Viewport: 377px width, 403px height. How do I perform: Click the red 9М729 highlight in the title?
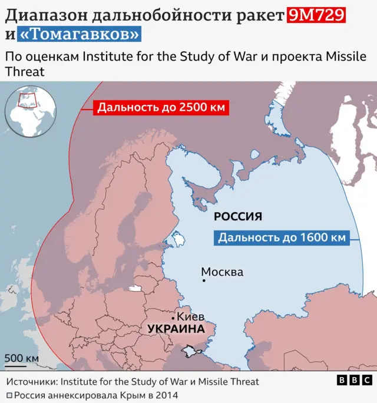(316, 15)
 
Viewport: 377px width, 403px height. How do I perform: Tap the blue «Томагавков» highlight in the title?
(80, 35)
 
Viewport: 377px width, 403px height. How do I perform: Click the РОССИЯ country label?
(237, 217)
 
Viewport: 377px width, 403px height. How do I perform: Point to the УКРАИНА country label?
(176, 329)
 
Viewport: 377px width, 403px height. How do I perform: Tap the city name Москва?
(222, 272)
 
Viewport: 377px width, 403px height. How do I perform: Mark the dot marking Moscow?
(204, 280)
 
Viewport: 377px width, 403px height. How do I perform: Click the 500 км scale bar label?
(22, 358)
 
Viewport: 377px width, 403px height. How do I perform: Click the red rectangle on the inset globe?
(27, 100)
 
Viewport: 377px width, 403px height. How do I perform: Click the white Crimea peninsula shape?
(190, 351)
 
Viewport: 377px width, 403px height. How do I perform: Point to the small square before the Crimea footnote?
(9, 395)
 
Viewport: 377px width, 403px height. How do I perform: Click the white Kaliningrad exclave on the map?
(134, 289)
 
